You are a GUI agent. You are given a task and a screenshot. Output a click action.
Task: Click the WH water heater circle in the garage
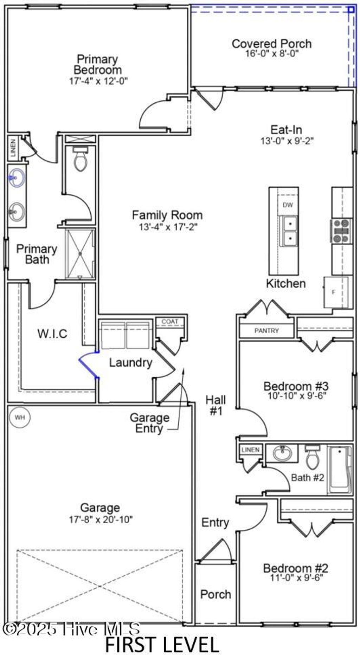coord(20,418)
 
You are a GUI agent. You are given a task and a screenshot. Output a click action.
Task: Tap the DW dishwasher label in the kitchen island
coord(288,205)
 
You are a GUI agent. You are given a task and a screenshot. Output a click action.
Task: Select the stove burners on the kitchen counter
coord(341,231)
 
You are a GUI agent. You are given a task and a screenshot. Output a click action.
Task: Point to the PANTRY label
coord(266,331)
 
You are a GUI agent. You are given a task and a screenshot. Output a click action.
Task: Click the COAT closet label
coord(170,322)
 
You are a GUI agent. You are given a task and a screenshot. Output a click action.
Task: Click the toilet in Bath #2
coord(312,457)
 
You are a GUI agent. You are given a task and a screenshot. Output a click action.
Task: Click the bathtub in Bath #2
coord(340,470)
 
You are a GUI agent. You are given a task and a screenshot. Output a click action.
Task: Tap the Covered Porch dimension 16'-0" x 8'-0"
coord(272,53)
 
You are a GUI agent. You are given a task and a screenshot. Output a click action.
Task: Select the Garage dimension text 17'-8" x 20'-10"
coord(101,519)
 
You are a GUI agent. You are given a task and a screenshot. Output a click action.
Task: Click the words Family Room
coord(167,215)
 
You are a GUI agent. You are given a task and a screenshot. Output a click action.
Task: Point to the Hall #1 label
coord(216,405)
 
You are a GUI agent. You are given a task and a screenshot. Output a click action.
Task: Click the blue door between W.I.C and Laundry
coord(88,365)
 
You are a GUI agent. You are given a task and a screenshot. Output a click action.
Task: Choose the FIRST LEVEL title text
coord(162,644)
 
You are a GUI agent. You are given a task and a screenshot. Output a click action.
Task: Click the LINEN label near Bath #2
coord(251,450)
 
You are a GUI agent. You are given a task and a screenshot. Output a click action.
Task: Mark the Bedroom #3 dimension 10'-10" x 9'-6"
coord(297,395)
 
